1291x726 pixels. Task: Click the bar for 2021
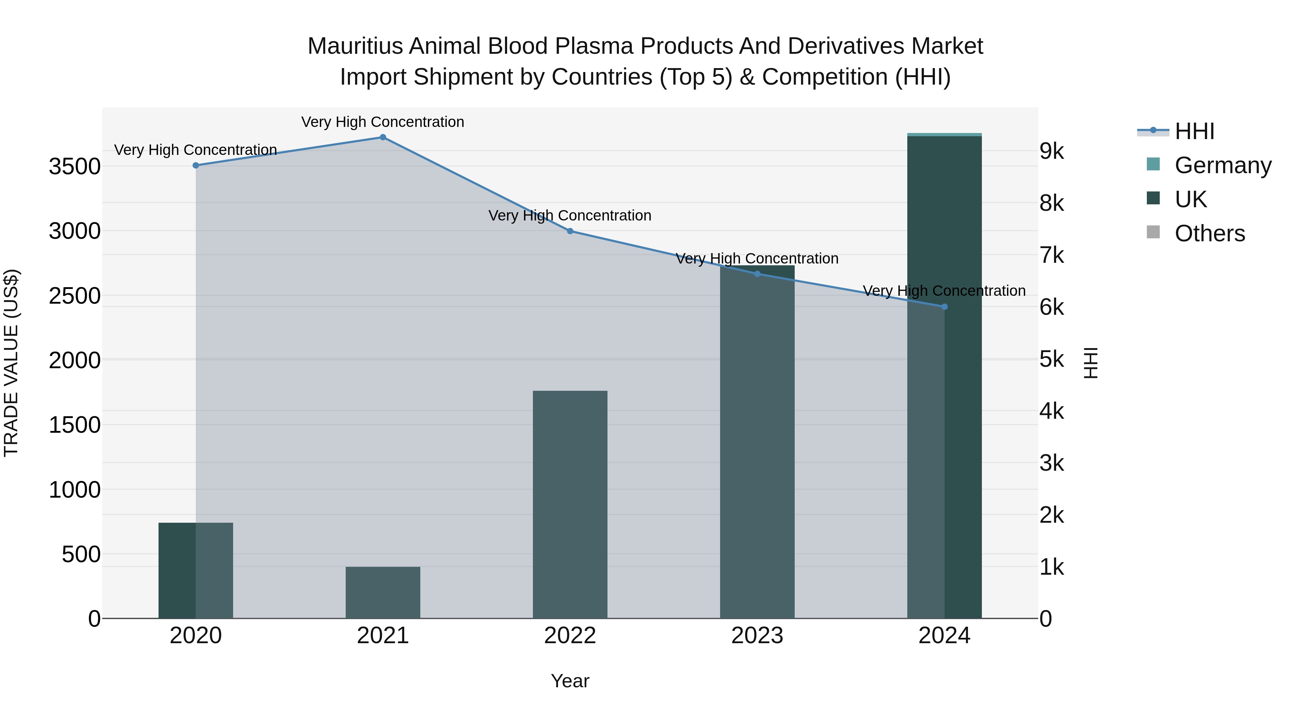point(383,592)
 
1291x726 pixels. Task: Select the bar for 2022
point(570,504)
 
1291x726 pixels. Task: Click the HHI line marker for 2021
point(383,137)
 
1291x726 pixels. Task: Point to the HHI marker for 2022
point(570,231)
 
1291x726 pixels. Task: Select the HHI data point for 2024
point(944,307)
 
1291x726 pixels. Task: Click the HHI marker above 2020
point(196,165)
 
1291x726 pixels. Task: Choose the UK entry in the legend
point(1190,199)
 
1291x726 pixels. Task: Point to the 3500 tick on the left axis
point(75,166)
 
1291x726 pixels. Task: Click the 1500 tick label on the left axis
point(75,425)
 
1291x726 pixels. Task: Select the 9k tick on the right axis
point(1051,151)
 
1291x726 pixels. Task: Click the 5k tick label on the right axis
point(1051,359)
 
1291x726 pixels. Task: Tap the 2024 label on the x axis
point(944,636)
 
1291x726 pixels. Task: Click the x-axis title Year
point(570,681)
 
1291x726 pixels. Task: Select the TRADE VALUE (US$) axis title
point(11,363)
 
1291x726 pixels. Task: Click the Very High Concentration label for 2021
point(383,122)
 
